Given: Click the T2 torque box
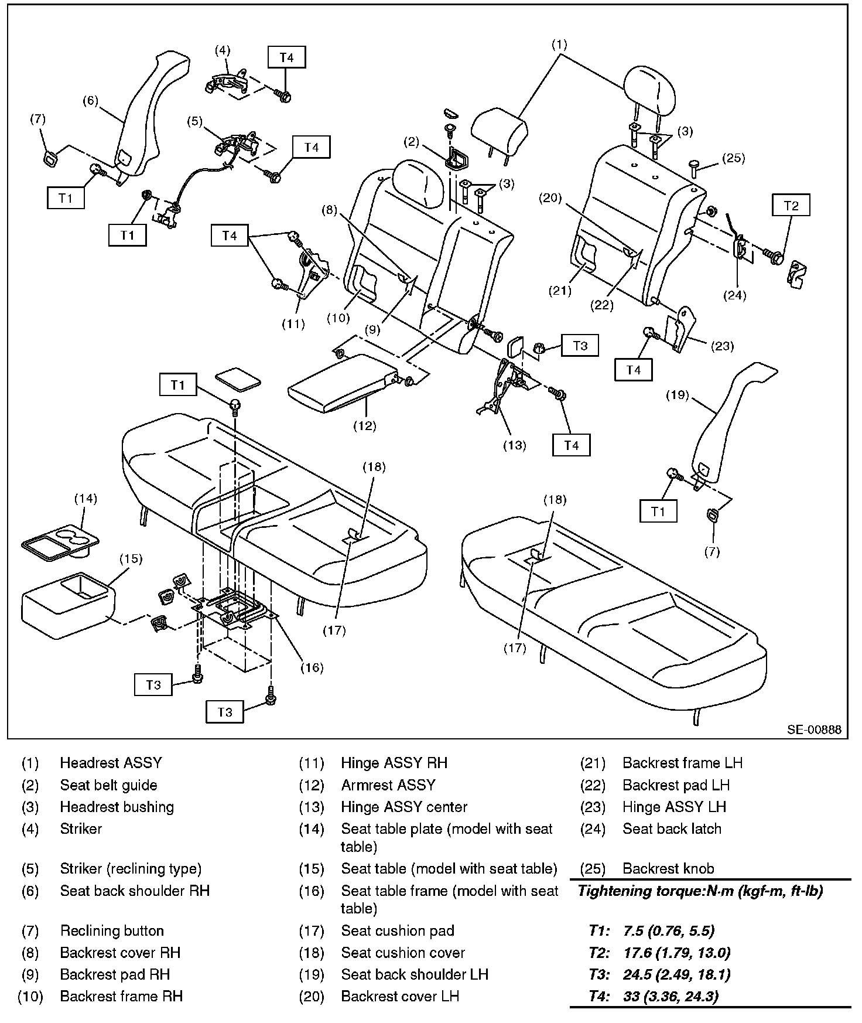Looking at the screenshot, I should pos(791,206).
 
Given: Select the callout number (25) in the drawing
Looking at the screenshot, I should pos(733,158).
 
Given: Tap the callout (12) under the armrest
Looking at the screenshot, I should pos(364,426).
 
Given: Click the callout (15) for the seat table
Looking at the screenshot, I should pos(131,558).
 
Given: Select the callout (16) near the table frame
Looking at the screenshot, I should pos(312,667).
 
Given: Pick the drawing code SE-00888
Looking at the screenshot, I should pos(814,729).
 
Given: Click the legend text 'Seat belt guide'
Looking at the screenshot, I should pos(108,785).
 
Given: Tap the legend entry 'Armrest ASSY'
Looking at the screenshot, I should pos(388,785).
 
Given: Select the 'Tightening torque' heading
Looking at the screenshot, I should pos(700,891).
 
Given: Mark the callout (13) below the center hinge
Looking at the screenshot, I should pos(515,445).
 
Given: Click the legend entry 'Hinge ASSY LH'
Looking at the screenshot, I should pos(674,807).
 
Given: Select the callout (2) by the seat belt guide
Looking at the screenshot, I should pos(412,141).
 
